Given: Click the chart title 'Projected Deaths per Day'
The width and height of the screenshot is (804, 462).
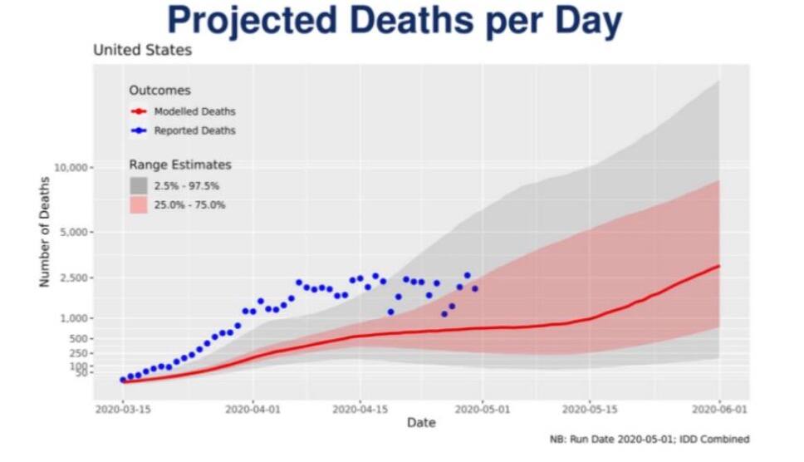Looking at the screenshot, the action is [395, 21].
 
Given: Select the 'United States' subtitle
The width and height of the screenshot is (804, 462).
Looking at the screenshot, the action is [143, 50].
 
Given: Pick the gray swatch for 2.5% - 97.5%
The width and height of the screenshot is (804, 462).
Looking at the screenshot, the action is [139, 185].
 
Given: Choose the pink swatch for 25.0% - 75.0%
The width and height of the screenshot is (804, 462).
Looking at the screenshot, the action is [139, 204].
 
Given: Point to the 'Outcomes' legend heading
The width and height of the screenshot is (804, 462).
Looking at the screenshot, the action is [159, 91].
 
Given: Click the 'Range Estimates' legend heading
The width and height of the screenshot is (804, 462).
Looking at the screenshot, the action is [180, 165].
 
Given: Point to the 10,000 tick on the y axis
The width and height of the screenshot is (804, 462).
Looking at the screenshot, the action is [71, 168].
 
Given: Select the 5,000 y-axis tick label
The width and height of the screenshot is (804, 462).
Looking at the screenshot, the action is [74, 233].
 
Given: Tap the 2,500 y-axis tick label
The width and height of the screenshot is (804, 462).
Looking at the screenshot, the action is [74, 278].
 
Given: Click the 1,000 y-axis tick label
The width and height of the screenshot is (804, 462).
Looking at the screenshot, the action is [74, 318].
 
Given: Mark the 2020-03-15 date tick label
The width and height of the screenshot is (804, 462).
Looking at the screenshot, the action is [123, 410].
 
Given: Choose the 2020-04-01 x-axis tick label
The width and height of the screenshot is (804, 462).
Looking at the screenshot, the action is [252, 410].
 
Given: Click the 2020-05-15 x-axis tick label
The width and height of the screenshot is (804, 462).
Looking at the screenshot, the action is [590, 410].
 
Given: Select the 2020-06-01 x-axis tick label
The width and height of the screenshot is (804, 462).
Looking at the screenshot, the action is [719, 410].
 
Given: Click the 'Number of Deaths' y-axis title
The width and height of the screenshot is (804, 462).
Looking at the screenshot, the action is [45, 232].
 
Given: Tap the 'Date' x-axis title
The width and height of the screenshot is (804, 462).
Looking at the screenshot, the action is [421, 422].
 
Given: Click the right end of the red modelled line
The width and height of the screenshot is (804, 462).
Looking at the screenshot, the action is [719, 266].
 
